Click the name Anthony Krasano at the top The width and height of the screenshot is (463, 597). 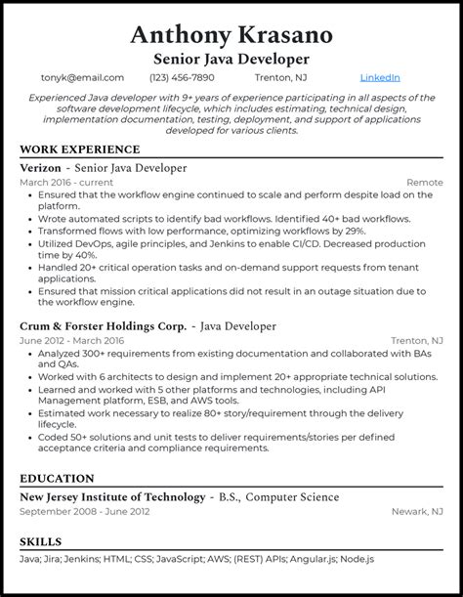tap(231, 35)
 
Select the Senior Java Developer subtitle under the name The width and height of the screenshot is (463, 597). tap(231, 60)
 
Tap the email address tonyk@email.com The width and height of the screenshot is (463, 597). tap(82, 78)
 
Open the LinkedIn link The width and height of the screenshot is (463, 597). tap(380, 78)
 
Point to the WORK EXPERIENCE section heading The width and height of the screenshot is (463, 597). tap(79, 149)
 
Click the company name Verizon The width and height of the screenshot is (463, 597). tap(44, 168)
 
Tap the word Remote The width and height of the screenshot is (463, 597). tap(424, 183)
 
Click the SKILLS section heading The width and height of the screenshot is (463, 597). tap(40, 541)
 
